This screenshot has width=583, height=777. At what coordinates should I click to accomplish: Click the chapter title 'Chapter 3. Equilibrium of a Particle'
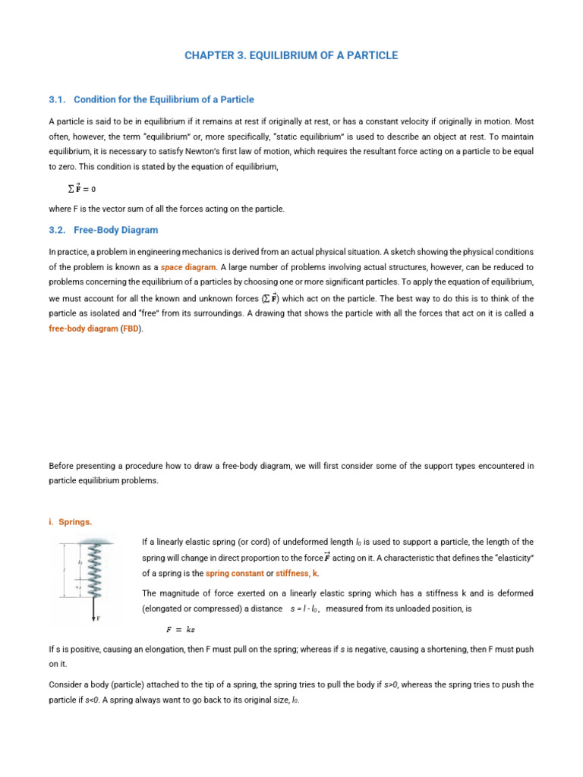(291, 55)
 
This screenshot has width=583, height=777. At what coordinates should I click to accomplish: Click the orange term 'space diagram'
(188, 267)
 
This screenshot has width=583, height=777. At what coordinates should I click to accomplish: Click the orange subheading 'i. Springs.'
(71, 521)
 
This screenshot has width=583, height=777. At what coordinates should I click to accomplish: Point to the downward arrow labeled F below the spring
(94, 609)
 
